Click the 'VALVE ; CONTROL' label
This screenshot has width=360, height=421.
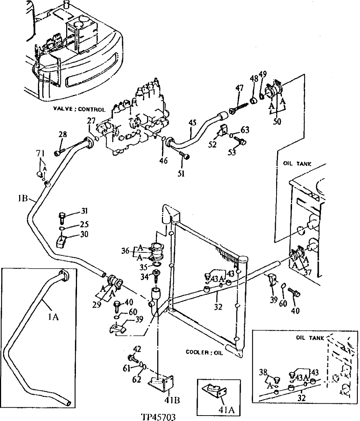pos(79,109)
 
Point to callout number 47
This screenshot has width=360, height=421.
pos(240,88)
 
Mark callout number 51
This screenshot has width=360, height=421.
pos(181,174)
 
